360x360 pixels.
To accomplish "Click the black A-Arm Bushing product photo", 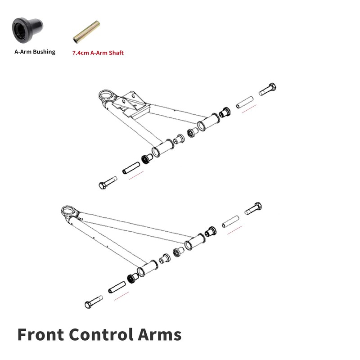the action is pyautogui.click(x=27, y=30).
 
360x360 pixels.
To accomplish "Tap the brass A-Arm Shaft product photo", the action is pyautogui.click(x=86, y=34).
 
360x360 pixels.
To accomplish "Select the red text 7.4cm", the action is pyautogui.click(x=81, y=53).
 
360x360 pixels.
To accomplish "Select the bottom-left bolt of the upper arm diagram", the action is pyautogui.click(x=108, y=183).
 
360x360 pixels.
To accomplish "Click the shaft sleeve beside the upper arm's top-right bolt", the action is pyautogui.click(x=245, y=102).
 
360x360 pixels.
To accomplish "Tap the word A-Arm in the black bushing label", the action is pyautogui.click(x=22, y=52).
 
